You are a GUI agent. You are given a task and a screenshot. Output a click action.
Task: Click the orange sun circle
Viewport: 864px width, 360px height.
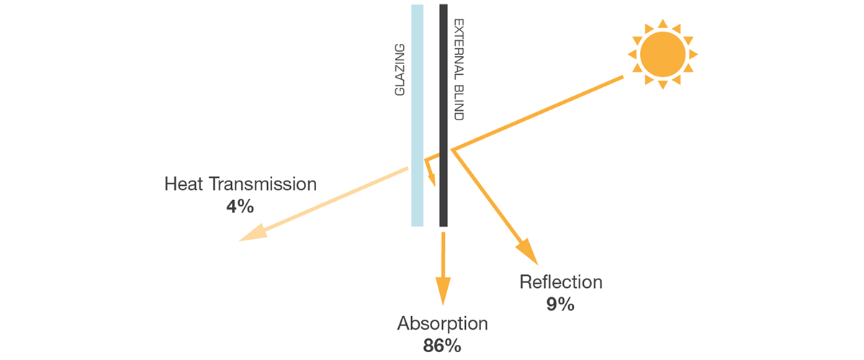point(662,54)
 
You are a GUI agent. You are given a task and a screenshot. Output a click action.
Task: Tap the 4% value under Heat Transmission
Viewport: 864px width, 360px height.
point(240,207)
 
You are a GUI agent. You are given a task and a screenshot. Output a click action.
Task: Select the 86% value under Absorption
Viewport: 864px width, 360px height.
point(442,345)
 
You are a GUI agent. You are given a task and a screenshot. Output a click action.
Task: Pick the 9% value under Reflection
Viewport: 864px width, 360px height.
point(560,304)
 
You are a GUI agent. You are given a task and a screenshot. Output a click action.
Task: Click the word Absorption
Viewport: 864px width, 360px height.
point(442,323)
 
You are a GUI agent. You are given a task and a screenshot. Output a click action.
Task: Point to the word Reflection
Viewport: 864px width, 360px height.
point(561,282)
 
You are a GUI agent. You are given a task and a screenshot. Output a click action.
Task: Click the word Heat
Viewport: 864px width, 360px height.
point(184,184)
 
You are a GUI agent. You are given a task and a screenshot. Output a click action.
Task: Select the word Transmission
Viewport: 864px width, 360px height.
point(263,184)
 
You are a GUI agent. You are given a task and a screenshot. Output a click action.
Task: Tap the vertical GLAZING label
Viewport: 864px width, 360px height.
point(401,70)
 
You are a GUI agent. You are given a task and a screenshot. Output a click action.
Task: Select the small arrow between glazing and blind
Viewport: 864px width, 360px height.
point(431,173)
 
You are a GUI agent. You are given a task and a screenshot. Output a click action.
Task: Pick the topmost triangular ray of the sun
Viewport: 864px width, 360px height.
point(662,24)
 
